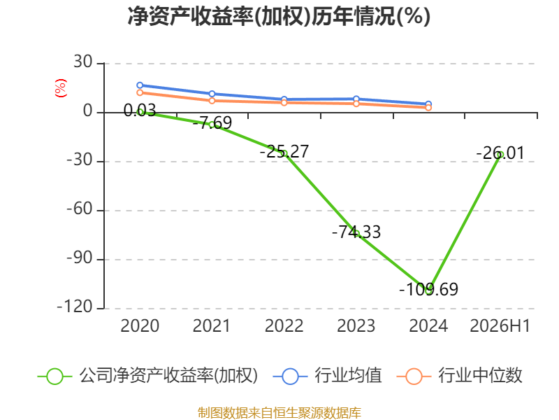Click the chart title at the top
coord(279,16)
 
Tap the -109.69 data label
coord(428,289)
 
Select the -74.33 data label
coord(356,232)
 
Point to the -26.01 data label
coord(500,153)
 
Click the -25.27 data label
coord(284,151)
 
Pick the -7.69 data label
coord(212,123)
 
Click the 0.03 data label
coord(140,111)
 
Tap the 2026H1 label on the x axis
coord(500,325)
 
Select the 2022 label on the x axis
coord(284,325)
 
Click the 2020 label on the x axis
coord(140,325)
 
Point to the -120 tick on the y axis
coord(75,307)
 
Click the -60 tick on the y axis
coord(80,209)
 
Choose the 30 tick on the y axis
coord(83,62)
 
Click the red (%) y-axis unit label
coord(61,88)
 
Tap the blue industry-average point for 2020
coord(140,85)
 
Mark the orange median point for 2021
coord(212,101)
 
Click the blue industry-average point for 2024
coord(428,104)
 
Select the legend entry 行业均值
coord(327,376)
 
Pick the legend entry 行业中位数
coord(459,376)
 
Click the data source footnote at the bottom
coord(279,413)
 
